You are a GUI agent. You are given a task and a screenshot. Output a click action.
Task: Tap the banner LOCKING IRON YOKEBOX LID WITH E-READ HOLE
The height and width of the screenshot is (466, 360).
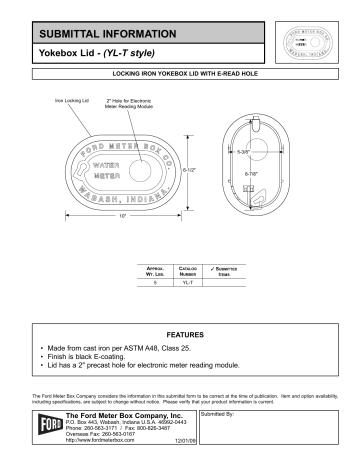tap(179, 76)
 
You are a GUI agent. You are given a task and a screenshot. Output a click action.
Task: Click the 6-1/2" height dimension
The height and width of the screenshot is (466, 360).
tap(195, 169)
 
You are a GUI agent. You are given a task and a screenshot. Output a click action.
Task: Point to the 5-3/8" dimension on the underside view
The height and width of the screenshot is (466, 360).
tap(272, 151)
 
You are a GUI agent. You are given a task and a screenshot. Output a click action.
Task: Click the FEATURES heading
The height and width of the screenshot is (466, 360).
tap(180, 332)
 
